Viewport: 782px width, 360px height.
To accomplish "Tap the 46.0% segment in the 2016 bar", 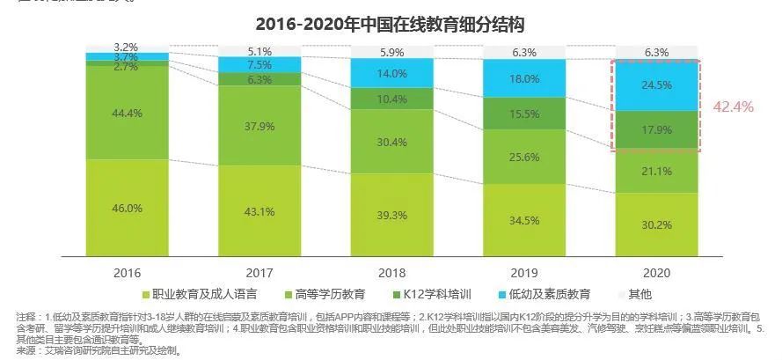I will (128, 208).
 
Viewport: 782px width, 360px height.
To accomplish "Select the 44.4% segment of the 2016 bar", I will (128, 113).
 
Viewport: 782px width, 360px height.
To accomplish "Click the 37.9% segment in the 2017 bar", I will (259, 125).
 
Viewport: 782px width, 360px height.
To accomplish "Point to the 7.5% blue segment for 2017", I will (259, 64).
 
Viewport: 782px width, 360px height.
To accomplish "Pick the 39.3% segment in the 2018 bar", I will (391, 215).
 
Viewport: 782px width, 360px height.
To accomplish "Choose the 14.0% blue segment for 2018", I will (391, 75).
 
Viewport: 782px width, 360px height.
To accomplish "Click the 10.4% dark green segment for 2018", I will (391, 99).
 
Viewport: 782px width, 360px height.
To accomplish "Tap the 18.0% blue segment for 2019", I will (523, 78).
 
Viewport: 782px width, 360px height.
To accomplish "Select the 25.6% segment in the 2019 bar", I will (523, 158).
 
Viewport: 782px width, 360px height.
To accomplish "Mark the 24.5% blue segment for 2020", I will (655, 85).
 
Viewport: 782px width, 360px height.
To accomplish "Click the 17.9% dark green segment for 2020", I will (655, 130).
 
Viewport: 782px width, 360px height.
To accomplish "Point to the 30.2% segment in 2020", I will (655, 223).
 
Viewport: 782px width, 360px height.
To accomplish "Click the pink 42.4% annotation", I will (733, 107).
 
